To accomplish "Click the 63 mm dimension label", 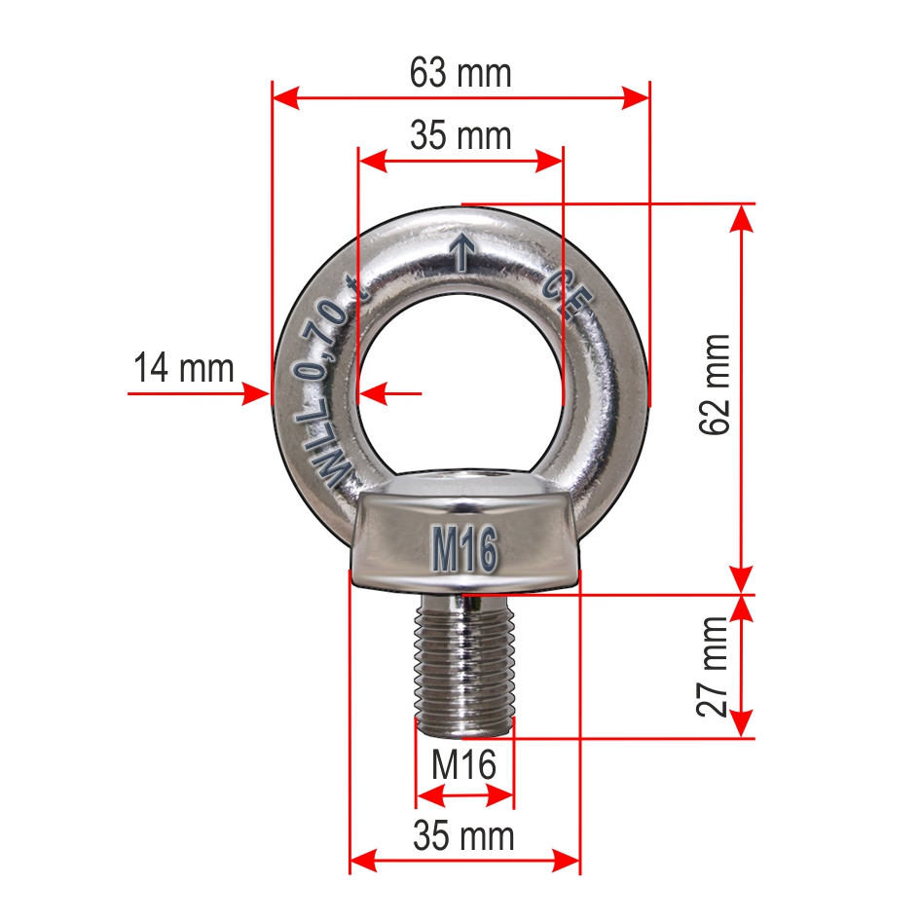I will click(x=460, y=73).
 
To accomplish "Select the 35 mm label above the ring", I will click(x=460, y=135).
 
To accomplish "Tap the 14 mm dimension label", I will click(x=184, y=368).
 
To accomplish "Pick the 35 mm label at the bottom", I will click(x=463, y=835).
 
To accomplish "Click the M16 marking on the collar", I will click(x=464, y=550).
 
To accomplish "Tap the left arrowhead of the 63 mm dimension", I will click(x=283, y=97).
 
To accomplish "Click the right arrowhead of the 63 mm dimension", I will click(x=637, y=97).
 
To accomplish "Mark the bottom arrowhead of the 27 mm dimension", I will click(x=742, y=725).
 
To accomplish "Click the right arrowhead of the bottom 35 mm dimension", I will click(x=569, y=860).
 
